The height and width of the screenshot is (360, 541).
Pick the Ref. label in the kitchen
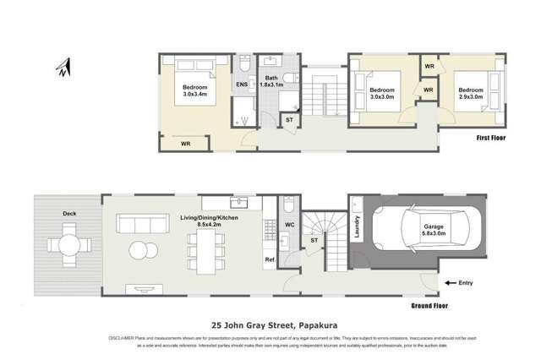[x=270, y=259]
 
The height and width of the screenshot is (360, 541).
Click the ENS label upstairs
[x=241, y=85]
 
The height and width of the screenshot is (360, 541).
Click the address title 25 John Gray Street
[x=270, y=324]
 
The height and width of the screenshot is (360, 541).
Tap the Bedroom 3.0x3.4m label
[x=199, y=90]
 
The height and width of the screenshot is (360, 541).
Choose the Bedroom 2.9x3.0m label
[x=470, y=93]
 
